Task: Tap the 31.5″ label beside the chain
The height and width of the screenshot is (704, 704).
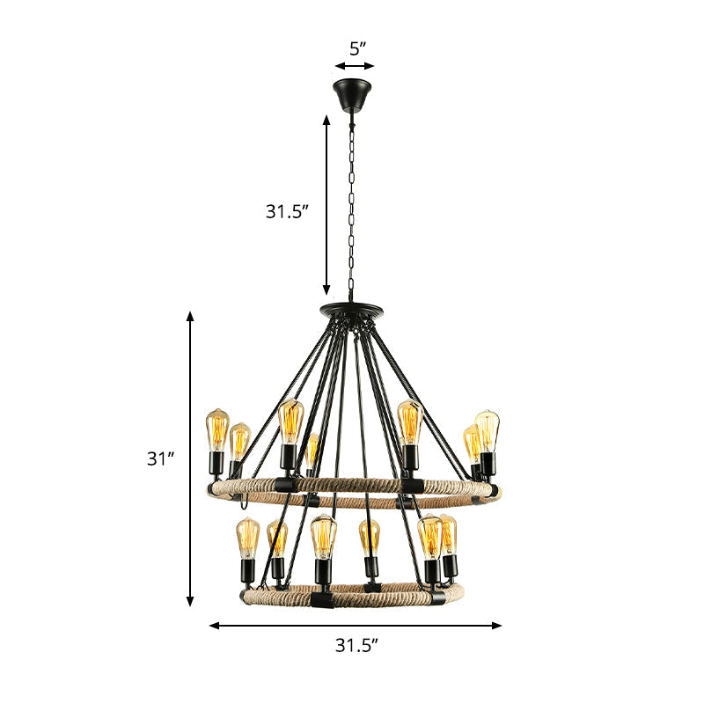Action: (287, 211)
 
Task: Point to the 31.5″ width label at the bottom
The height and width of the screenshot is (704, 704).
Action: (356, 645)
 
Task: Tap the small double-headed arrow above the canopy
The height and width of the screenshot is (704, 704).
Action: (355, 65)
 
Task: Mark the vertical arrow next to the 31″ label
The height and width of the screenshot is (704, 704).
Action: (189, 458)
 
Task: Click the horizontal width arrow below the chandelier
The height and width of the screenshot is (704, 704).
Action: (355, 626)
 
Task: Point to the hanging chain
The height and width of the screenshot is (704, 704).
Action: (353, 202)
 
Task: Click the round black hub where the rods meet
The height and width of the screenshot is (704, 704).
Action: (353, 310)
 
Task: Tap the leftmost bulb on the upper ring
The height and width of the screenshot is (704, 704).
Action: (216, 429)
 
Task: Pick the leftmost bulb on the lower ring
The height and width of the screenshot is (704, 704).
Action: (248, 539)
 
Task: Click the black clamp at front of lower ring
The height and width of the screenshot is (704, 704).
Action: (322, 601)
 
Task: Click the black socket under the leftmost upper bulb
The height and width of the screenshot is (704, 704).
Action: (216, 461)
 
